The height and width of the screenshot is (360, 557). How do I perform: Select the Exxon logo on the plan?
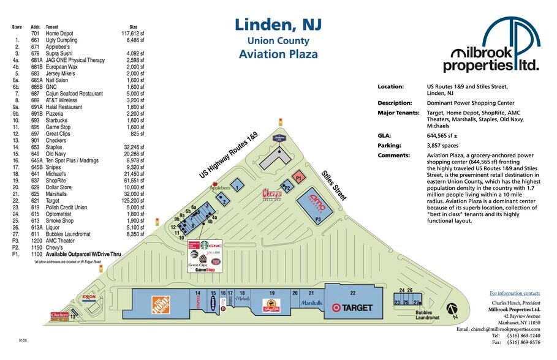[x=89, y=298]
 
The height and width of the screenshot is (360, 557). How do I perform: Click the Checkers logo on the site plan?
[x=59, y=315]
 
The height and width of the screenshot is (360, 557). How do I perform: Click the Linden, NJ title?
[x=278, y=26]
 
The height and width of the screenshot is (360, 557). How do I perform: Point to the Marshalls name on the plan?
[x=311, y=302]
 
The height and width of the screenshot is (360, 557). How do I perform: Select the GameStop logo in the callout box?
[x=208, y=269]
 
